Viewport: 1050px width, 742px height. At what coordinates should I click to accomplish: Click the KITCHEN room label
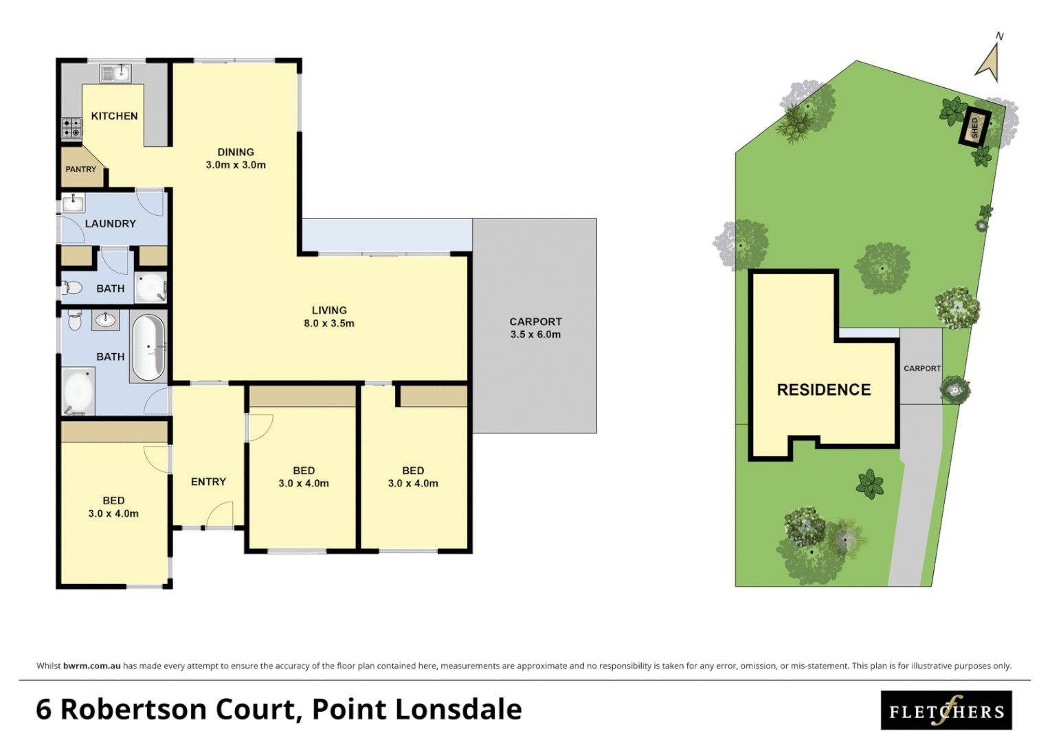114,116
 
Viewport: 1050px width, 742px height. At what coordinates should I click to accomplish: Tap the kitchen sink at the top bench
115,73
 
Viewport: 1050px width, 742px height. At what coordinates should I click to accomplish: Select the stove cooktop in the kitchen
71,128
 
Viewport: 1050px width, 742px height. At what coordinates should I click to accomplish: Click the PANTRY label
80,169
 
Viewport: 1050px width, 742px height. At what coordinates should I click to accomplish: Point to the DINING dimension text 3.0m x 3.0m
236,165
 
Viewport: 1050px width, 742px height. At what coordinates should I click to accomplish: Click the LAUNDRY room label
110,223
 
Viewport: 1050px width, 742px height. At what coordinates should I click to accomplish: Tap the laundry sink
73,203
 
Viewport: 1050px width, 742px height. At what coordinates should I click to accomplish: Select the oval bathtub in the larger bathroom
148,348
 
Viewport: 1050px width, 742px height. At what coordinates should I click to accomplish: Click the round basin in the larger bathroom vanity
105,319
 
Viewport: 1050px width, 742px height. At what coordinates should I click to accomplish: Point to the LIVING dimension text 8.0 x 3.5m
329,324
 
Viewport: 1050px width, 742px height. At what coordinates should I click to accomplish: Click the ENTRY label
208,482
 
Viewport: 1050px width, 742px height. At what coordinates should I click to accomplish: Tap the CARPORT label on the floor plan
535,322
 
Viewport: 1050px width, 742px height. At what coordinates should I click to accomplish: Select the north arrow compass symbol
990,62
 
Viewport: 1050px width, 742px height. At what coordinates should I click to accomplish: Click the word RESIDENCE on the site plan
823,390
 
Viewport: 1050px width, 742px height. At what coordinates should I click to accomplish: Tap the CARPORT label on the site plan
921,369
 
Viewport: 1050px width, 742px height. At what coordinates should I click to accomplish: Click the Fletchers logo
946,710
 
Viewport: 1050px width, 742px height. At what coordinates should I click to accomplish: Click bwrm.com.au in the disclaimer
91,666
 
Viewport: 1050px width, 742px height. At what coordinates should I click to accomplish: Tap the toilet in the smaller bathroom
72,289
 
